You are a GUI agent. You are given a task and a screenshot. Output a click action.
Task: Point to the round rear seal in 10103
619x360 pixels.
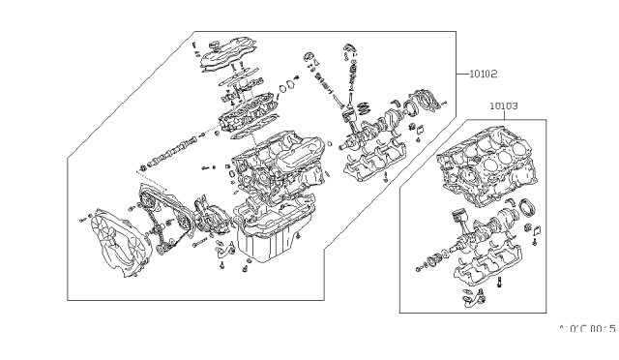[530, 205]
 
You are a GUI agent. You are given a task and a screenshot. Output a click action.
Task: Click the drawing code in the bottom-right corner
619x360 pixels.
[588, 328]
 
